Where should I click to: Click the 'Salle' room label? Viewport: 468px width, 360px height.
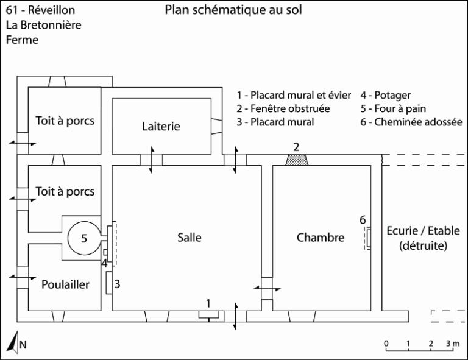[x=190, y=238]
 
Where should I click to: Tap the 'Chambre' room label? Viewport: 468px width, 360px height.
[x=321, y=238]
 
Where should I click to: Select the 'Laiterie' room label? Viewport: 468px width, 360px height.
[x=161, y=126]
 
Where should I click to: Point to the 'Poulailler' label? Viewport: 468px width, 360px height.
[x=65, y=284]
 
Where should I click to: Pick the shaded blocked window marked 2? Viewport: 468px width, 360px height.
[x=296, y=160]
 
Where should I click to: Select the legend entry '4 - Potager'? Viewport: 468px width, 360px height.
[x=385, y=96]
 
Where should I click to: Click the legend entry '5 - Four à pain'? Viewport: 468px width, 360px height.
[x=393, y=108]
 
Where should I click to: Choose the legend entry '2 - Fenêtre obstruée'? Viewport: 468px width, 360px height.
[x=283, y=108]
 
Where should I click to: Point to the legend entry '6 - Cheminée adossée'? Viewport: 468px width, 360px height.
[x=411, y=122]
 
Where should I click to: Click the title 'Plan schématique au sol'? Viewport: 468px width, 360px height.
[x=233, y=10]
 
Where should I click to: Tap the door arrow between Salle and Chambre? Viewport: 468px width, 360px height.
[x=267, y=288]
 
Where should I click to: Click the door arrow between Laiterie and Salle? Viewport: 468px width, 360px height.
[x=152, y=160]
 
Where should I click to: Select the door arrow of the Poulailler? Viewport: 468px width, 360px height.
[x=23, y=277]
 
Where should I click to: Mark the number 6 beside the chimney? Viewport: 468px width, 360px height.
[x=363, y=220]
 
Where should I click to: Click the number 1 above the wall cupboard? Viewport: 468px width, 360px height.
[x=208, y=303]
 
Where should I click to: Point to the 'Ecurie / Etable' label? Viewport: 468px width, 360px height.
[x=423, y=231]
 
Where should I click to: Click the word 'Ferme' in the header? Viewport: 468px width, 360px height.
[x=22, y=40]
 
